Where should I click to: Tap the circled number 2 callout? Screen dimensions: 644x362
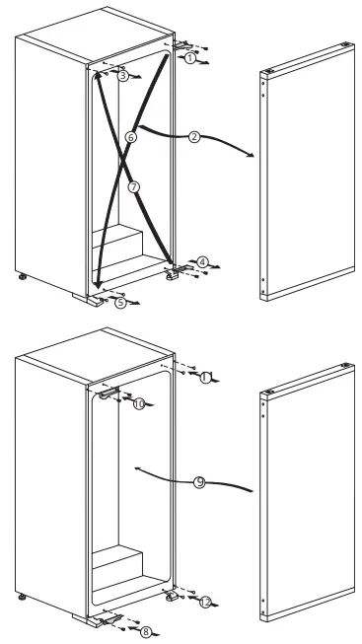194,137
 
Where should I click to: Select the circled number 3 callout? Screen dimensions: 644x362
122,76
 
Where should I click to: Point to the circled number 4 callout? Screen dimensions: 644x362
201,262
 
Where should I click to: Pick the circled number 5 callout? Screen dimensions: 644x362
120,304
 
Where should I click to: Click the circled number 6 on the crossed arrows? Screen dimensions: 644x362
131,137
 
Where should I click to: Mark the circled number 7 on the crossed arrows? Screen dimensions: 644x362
134,185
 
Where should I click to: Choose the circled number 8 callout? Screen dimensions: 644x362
147,631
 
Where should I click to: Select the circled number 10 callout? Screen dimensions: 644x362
138,403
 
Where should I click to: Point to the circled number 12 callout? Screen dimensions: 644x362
204,602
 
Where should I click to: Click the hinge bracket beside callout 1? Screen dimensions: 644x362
181,44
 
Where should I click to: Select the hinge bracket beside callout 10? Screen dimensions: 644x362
107,392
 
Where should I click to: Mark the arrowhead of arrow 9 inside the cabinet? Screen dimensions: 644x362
141,468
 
